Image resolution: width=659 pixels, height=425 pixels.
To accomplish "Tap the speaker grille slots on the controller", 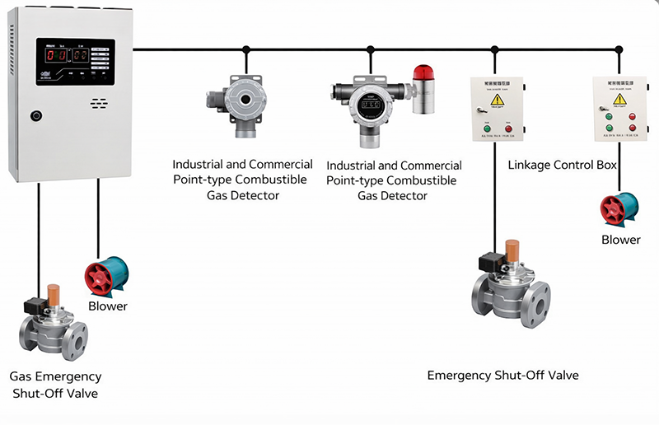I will pos(99,105).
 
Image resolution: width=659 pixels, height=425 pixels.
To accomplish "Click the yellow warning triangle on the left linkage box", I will pos(497,100).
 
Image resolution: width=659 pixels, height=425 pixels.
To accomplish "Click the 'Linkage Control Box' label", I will pos(562,166).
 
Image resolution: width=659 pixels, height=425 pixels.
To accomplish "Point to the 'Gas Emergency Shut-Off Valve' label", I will pos(55,385).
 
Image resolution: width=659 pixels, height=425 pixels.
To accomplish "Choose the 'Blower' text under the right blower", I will pos(620,240).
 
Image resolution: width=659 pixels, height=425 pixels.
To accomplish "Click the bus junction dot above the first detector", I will pos(245,49).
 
